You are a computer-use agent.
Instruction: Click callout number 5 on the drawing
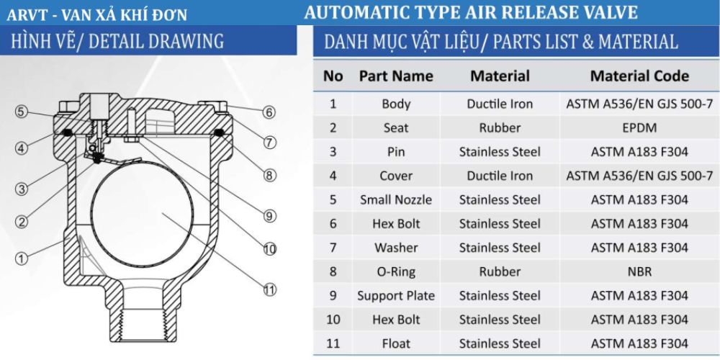[21, 112]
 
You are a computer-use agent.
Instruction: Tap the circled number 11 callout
[270, 289]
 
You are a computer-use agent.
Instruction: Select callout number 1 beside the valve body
[21, 258]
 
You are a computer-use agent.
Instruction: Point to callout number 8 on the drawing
[270, 175]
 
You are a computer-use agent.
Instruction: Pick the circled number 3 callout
[21, 188]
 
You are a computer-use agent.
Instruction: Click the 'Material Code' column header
[639, 76]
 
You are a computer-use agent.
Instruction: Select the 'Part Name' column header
[396, 76]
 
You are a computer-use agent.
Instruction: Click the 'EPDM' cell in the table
[639, 127]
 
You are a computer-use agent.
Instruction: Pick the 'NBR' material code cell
[639, 271]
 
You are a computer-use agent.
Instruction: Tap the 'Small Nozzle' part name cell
[396, 199]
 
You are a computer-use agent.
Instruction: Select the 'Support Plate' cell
[396, 296]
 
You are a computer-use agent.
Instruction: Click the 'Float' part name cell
[396, 343]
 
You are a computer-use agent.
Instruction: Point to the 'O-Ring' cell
[396, 271]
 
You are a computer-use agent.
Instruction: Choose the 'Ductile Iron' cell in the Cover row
[500, 176]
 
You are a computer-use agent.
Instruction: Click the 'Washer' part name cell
[396, 248]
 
